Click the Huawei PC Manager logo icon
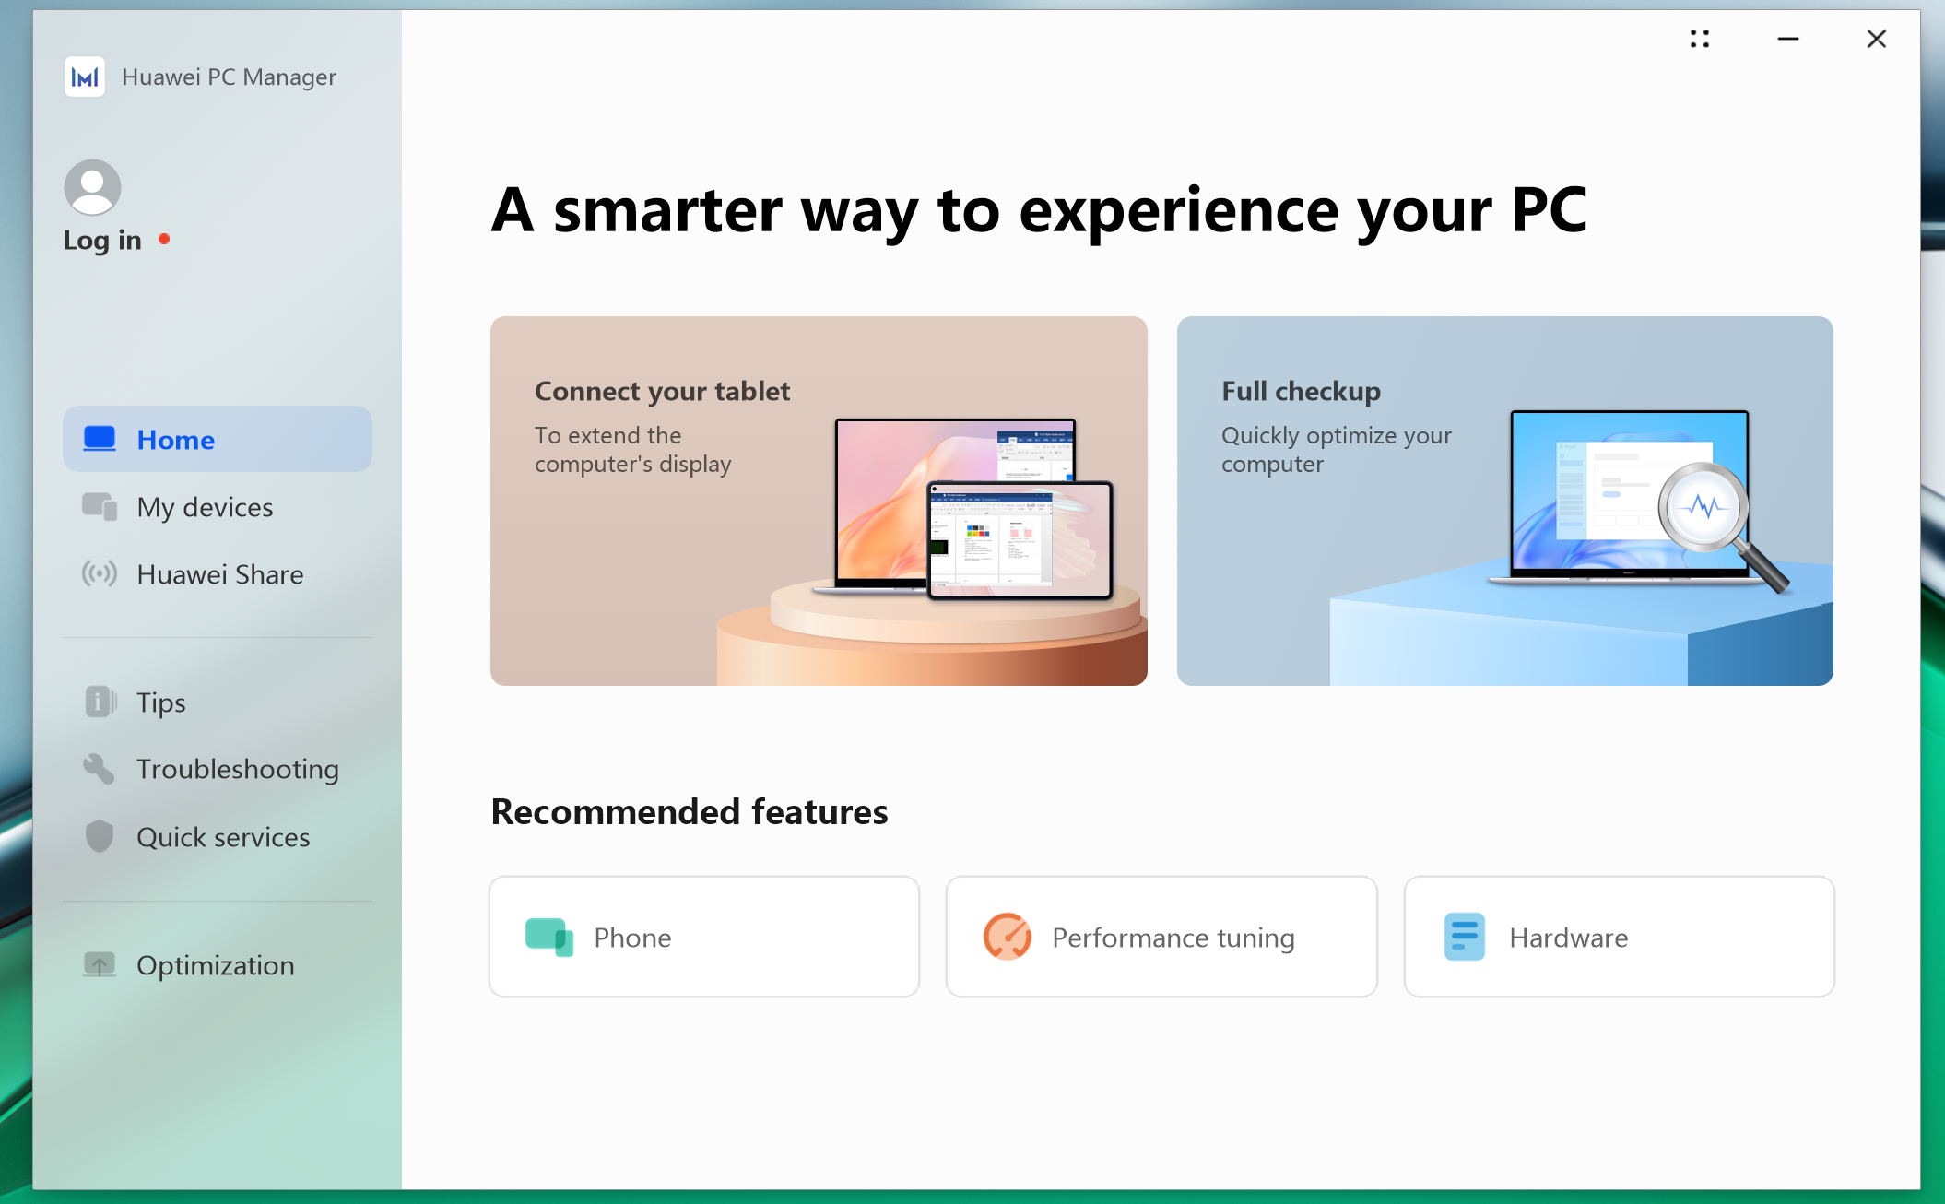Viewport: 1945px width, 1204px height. coord(85,77)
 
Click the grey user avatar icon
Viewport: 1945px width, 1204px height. coord(92,188)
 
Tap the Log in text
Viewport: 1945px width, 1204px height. coord(102,241)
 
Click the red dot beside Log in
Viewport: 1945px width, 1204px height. coord(164,239)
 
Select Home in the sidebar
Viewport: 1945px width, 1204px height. coord(218,440)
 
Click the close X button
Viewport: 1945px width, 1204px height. coord(1876,39)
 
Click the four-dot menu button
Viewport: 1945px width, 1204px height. coord(1700,39)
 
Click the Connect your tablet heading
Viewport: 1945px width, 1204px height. coord(662,392)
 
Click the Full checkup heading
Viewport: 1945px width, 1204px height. coord(1301,392)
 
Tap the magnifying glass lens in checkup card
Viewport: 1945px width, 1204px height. coord(1703,507)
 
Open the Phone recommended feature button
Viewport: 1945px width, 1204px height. coord(704,937)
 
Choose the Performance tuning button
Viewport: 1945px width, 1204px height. coord(1161,937)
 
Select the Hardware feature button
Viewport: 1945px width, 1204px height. coord(1619,937)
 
